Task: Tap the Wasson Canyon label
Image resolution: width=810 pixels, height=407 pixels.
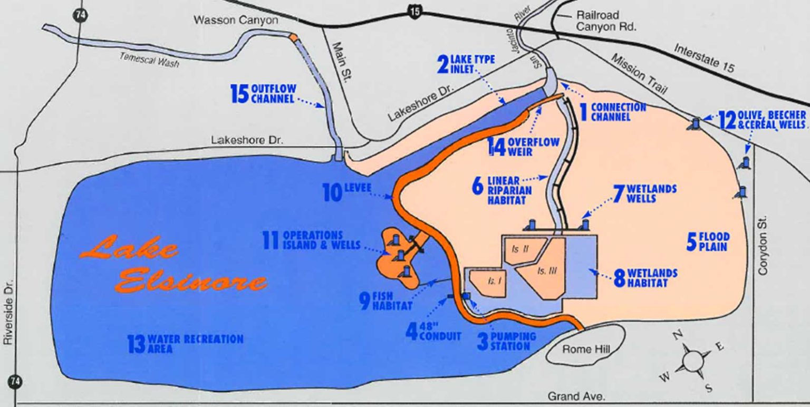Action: click(236, 21)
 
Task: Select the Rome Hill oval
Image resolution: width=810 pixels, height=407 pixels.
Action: click(585, 349)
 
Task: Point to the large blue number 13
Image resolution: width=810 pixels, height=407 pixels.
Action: click(136, 344)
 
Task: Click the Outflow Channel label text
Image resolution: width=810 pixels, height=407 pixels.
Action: click(273, 93)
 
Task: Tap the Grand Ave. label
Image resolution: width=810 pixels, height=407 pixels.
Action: click(576, 396)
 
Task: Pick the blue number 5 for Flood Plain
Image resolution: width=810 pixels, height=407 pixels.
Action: click(691, 241)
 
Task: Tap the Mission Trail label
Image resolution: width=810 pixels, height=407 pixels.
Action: click(639, 73)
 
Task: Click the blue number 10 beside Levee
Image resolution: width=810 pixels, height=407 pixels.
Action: click(332, 192)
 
